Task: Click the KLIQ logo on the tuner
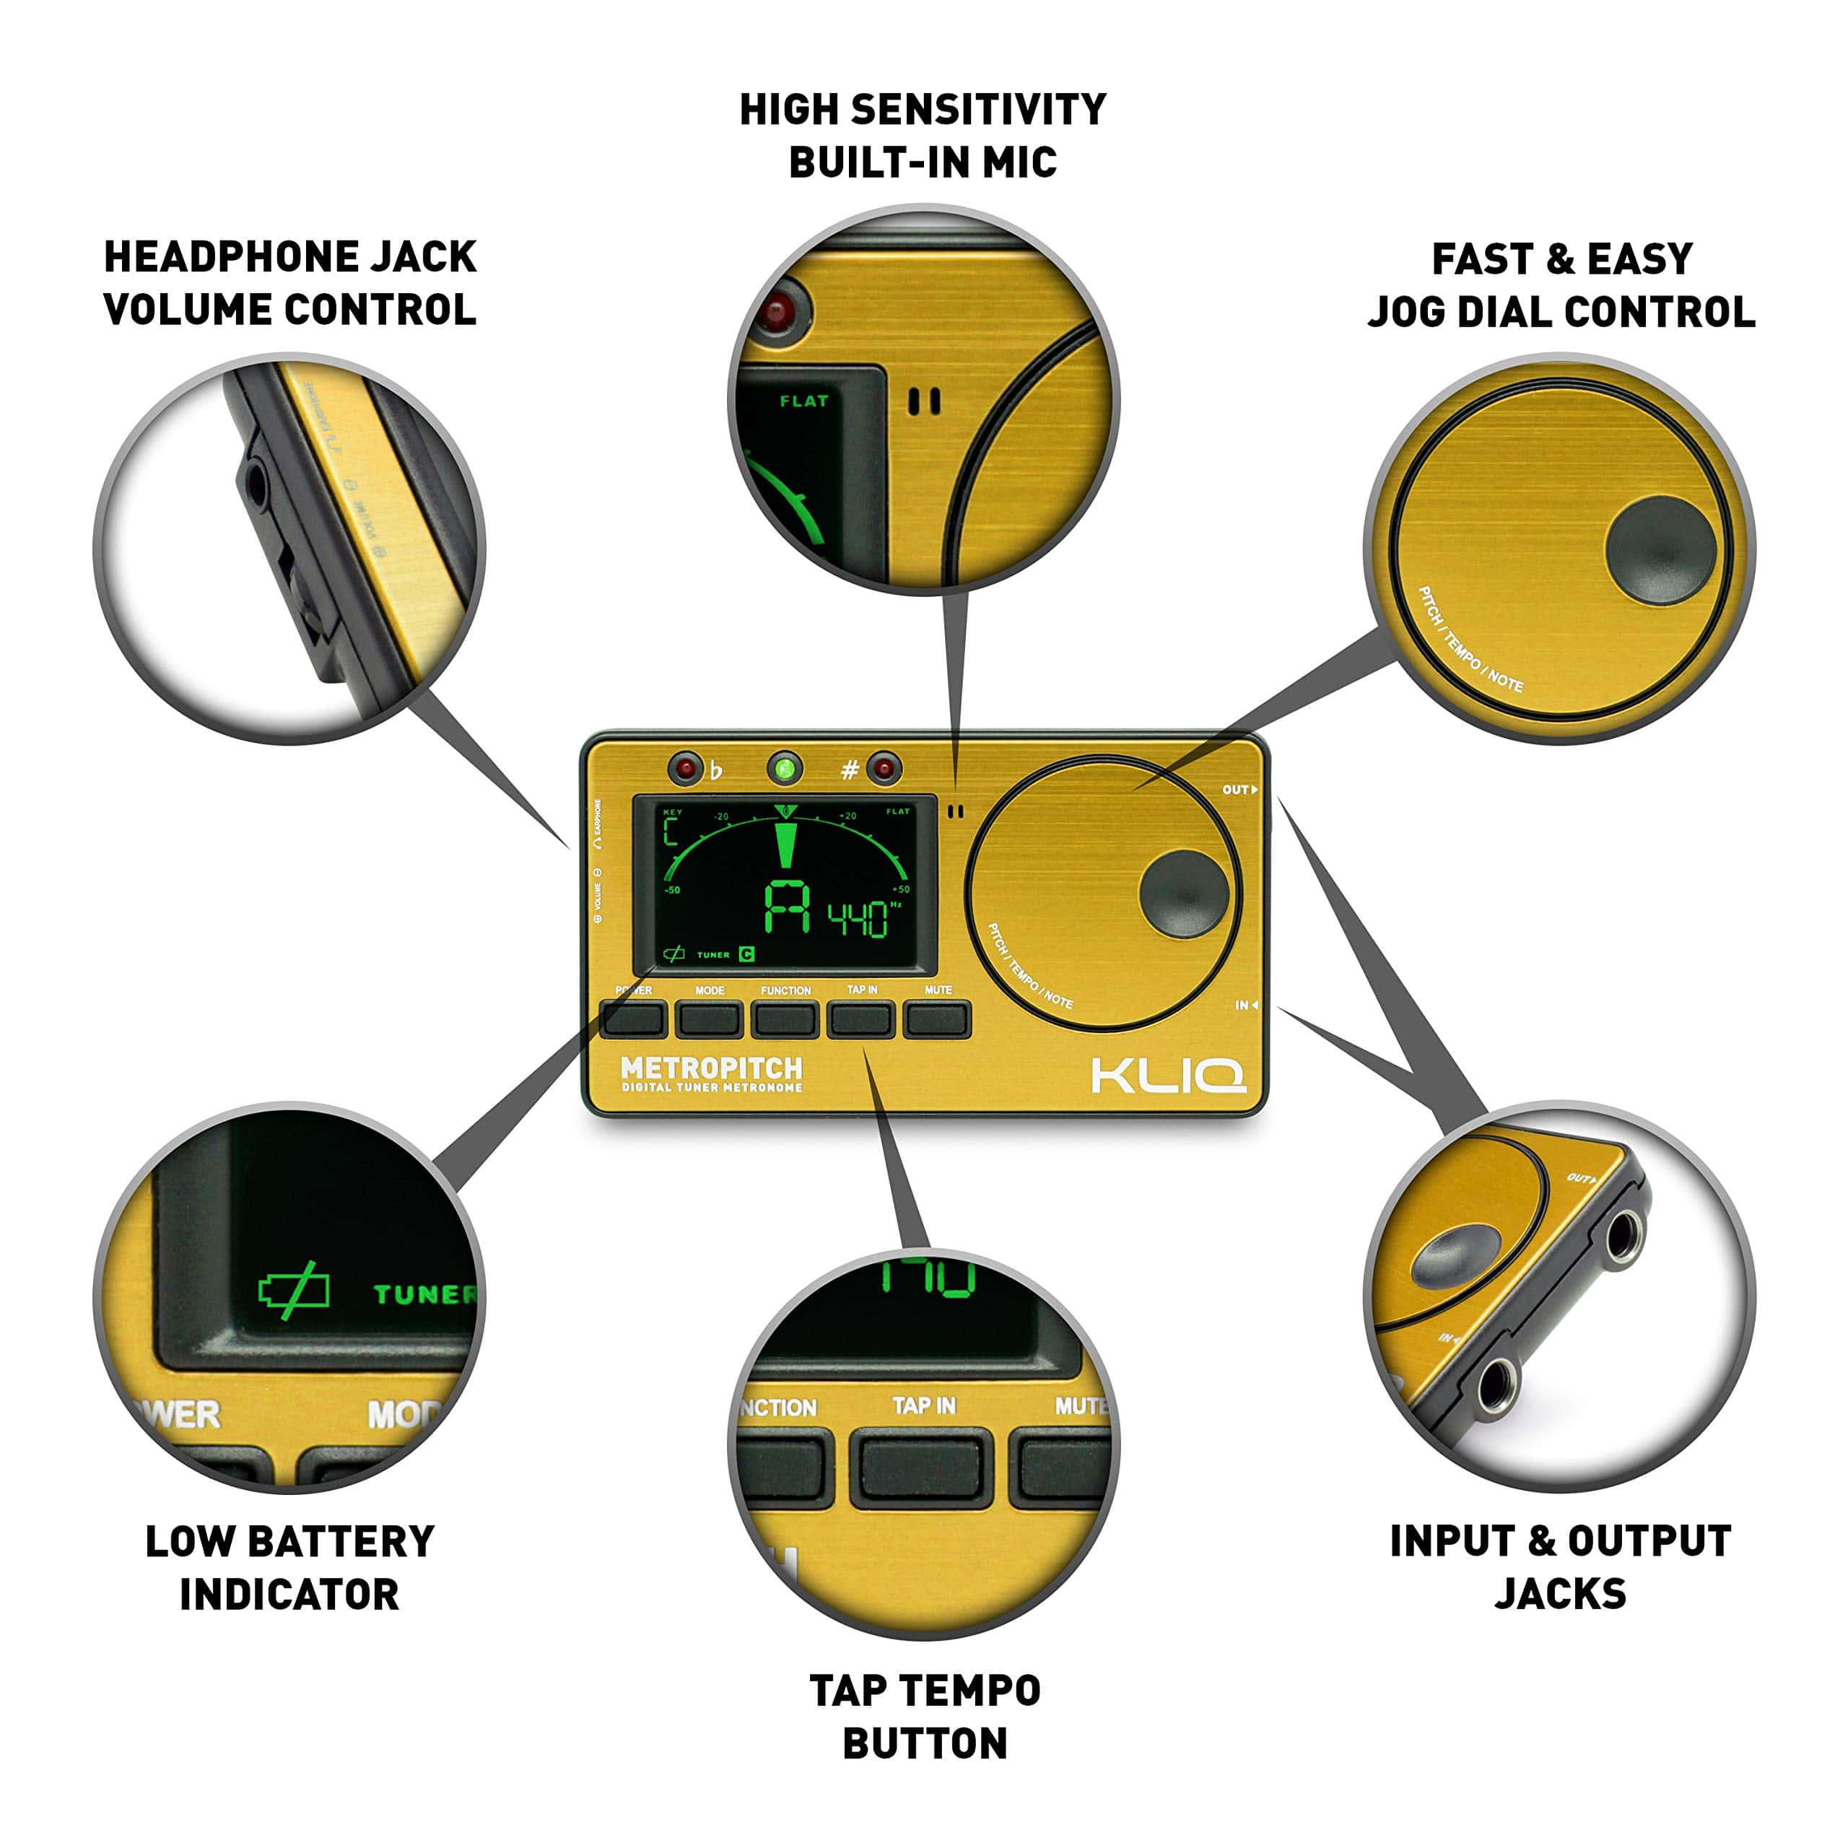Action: tap(1168, 1074)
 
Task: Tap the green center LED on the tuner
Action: tap(785, 768)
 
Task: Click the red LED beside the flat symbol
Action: tap(685, 768)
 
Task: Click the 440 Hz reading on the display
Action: tap(858, 919)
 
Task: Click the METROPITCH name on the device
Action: tap(711, 1068)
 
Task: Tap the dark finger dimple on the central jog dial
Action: tap(1183, 892)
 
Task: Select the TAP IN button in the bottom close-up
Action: tap(921, 1468)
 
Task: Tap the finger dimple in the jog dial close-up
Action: tap(1660, 549)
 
